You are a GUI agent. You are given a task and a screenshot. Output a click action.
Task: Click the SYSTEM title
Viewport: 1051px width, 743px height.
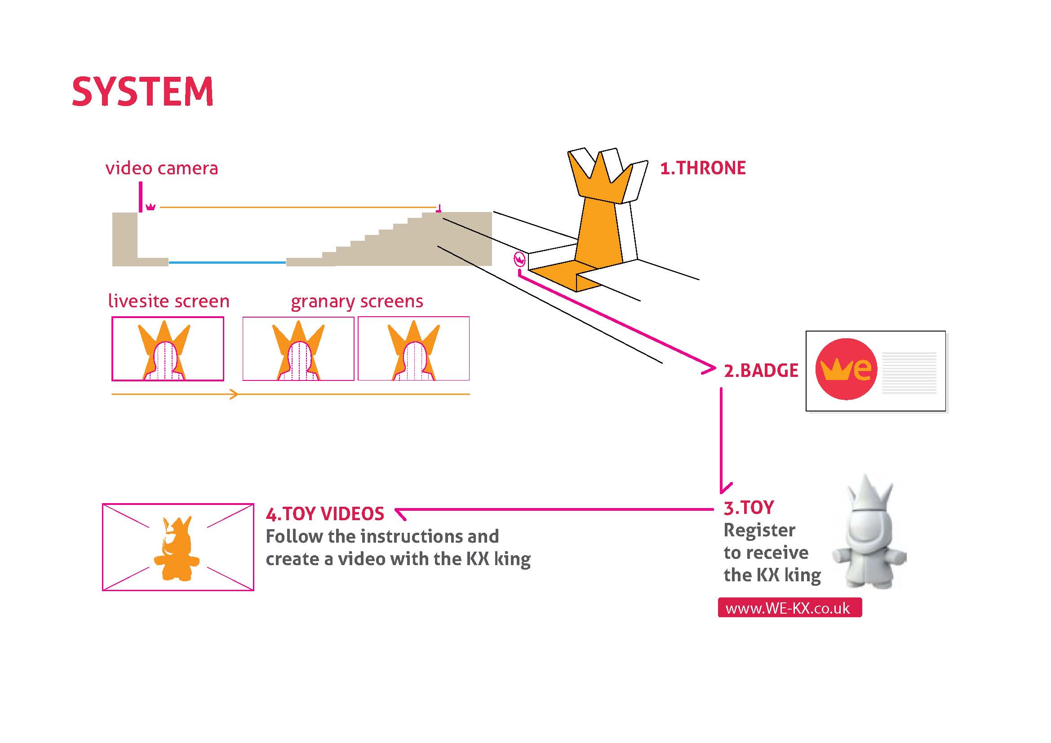[142, 92]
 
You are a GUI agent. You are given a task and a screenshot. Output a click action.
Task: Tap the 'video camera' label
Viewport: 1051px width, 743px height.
[162, 168]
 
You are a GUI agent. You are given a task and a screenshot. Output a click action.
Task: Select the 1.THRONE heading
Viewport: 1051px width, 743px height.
[703, 168]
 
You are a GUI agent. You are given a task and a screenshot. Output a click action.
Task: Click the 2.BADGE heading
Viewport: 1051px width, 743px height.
[761, 371]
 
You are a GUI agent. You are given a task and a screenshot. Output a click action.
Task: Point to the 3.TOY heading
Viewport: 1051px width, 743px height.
[749, 508]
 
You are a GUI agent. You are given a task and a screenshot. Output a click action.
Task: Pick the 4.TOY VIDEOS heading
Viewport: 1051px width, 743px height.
[325, 514]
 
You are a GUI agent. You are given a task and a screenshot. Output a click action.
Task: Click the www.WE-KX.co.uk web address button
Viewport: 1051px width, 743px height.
[789, 608]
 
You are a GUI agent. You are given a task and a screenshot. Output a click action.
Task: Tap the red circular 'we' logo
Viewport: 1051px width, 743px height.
[846, 369]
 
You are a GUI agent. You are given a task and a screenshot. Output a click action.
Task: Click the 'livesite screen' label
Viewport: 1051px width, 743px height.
[169, 301]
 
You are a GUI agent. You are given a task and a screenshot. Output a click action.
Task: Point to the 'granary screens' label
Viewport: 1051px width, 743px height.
[357, 301]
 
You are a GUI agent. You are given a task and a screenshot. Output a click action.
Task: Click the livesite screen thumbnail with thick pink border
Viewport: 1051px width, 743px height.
[168, 349]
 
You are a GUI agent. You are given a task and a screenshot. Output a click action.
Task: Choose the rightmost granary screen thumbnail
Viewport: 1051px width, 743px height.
[414, 349]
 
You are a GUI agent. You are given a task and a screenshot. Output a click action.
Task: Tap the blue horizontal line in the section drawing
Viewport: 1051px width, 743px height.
[227, 263]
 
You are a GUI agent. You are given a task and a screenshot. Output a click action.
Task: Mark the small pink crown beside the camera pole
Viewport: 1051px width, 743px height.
[151, 207]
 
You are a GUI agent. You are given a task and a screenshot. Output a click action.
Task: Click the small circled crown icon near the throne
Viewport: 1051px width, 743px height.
[519, 259]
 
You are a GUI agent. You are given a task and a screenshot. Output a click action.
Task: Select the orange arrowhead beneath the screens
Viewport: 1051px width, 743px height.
[234, 394]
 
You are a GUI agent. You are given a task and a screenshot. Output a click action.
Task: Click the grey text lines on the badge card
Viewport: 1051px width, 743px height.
[909, 372]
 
